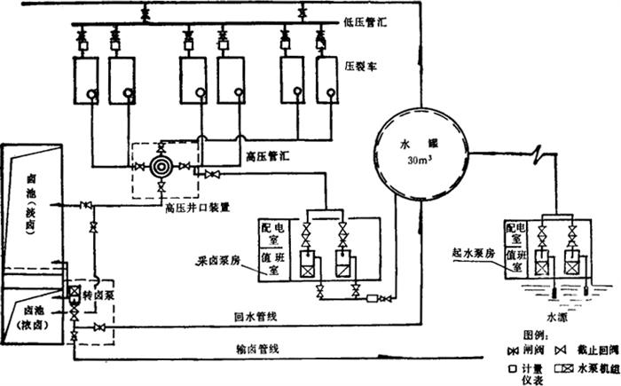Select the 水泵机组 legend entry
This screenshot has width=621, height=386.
coord(590,369)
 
